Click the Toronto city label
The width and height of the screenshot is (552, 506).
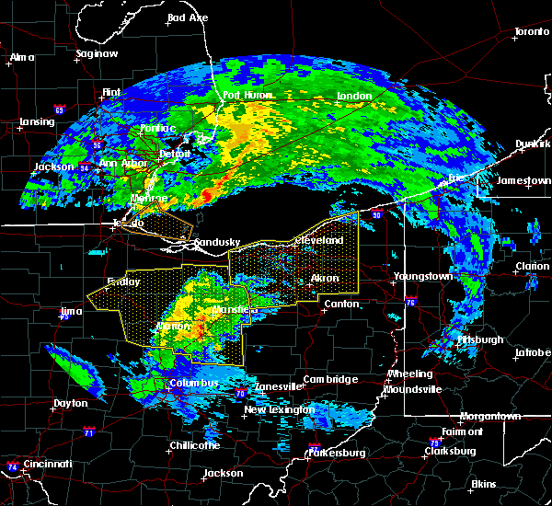531,31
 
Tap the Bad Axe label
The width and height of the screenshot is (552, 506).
188,17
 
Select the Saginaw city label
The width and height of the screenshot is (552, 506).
97,53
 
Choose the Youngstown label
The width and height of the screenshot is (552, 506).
422,276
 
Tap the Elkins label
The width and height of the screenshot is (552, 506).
484,484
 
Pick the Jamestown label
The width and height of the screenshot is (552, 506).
523,181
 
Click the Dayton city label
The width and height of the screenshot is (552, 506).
70,403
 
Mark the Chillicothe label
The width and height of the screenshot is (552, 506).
194,445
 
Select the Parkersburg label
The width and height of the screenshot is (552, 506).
339,453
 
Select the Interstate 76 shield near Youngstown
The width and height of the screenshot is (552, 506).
410,301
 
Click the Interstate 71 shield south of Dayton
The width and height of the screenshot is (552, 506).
88,431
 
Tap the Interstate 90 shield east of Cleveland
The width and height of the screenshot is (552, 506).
377,215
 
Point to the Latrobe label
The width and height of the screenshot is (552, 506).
533,352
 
